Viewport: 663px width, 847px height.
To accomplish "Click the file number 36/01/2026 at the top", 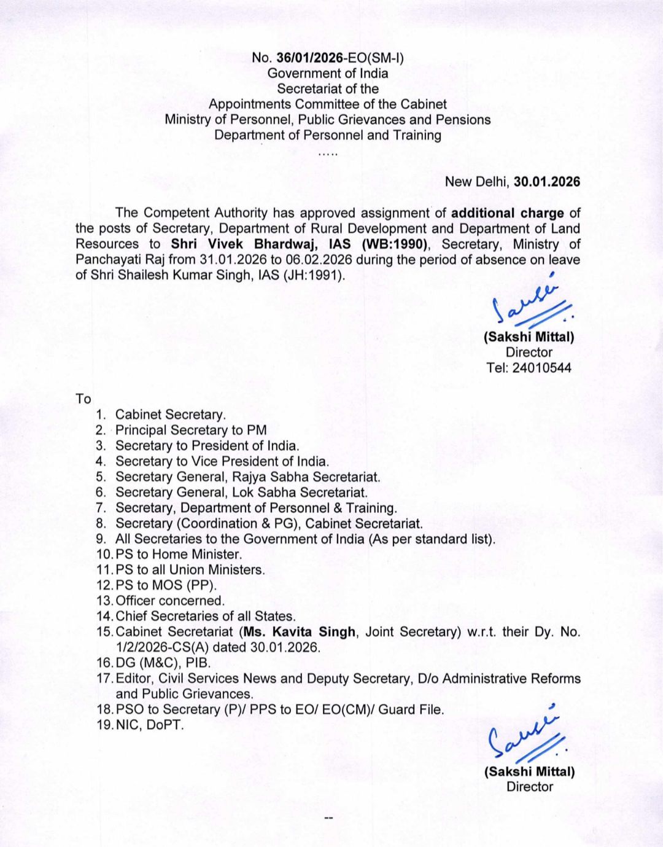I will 309,58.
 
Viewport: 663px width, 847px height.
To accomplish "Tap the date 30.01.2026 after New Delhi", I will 546,182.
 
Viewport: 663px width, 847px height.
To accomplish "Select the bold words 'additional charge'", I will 507,213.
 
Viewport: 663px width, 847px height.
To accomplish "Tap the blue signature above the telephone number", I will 531,305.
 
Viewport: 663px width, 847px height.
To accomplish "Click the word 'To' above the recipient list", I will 83,399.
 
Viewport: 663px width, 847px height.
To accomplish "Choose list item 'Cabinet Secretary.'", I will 171,415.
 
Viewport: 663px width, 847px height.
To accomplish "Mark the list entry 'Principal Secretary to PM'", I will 191,431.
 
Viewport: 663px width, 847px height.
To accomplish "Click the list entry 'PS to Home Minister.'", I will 179,555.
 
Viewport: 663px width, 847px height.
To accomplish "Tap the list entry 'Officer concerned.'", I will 170,601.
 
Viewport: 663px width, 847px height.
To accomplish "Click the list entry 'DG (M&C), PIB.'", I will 163,663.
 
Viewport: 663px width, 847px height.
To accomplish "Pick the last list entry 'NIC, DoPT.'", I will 150,725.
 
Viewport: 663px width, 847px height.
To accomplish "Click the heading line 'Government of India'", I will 328,73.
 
